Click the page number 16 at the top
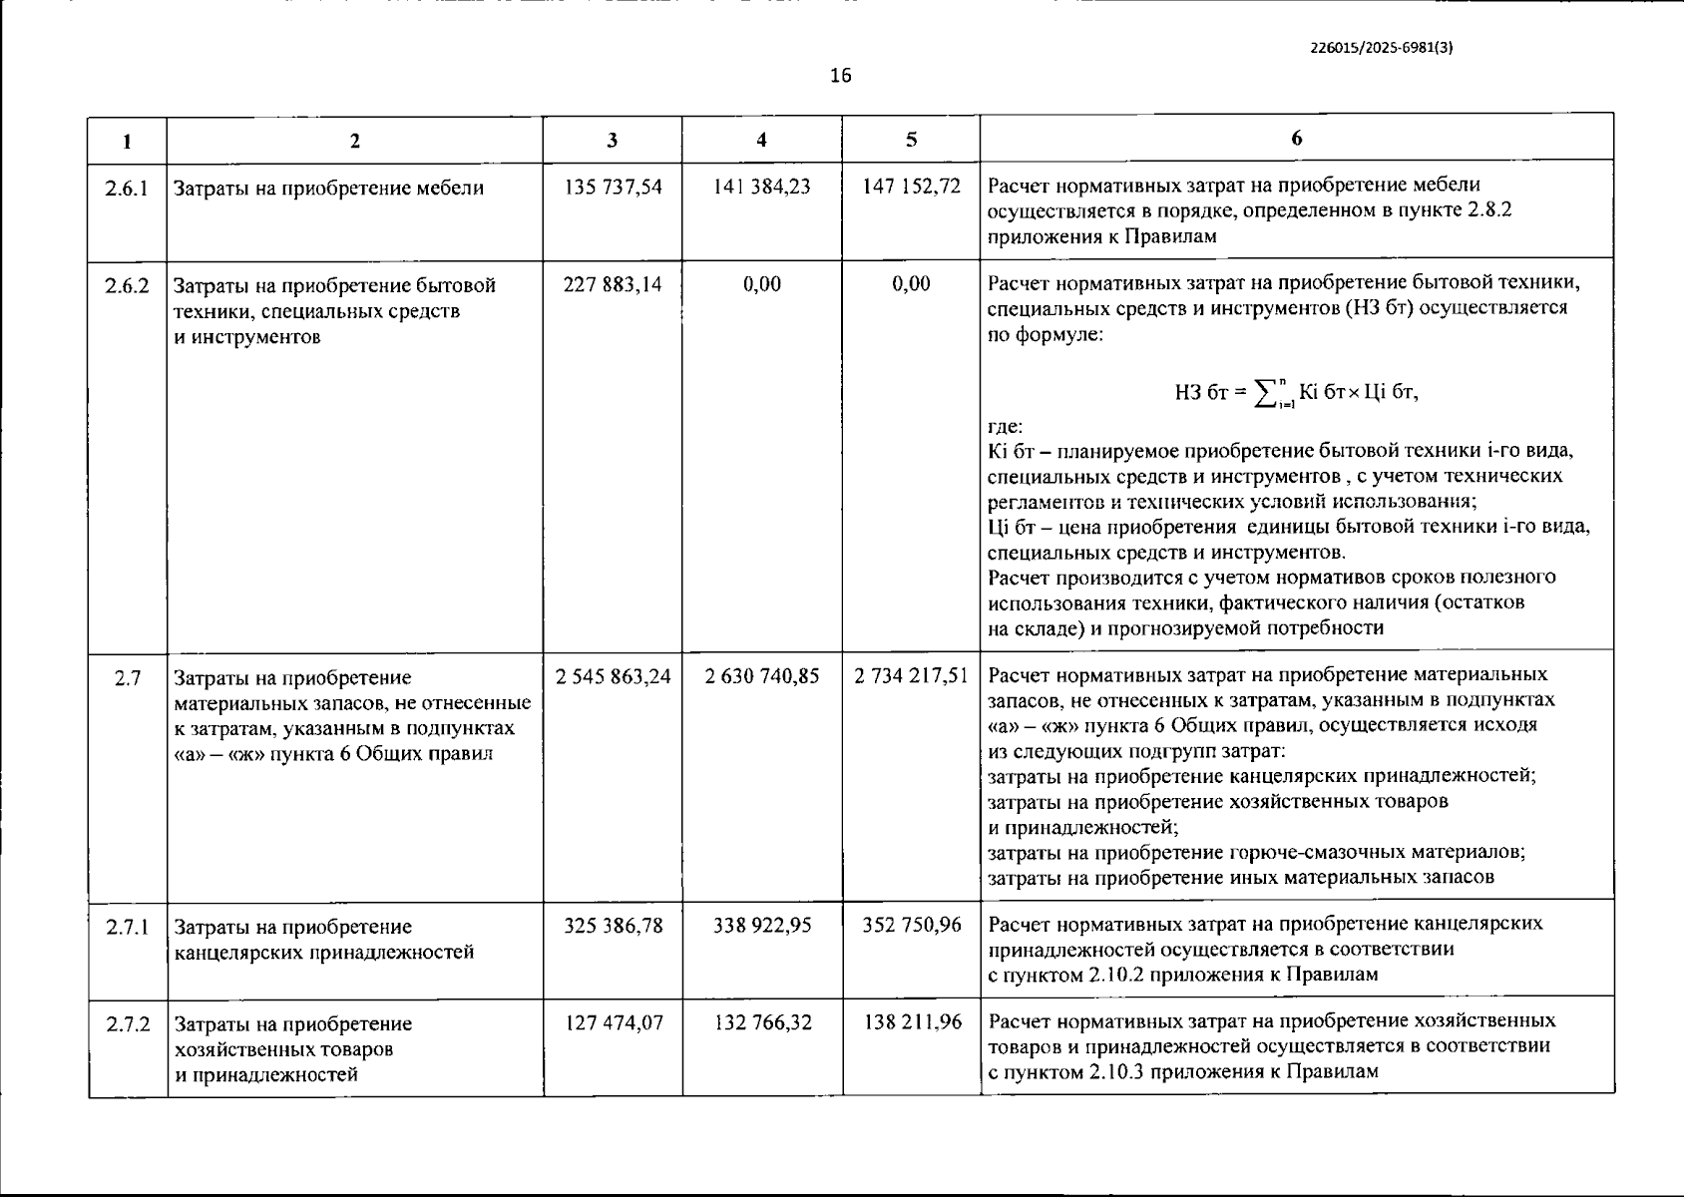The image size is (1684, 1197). coord(840,76)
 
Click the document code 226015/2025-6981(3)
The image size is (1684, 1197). coord(1381,46)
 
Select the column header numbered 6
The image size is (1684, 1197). coord(1296,139)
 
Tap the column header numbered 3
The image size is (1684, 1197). coord(612,141)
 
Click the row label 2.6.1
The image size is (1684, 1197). coord(127,188)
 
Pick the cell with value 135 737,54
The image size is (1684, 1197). coord(613,187)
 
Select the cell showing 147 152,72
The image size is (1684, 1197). coord(911,187)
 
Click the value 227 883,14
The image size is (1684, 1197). coord(613,284)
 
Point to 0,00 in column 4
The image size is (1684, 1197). coord(762,284)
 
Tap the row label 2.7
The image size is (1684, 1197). coord(127,678)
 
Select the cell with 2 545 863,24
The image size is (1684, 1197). coord(613,676)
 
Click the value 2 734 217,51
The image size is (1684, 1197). coord(911,676)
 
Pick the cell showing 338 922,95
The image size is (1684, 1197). coord(762,926)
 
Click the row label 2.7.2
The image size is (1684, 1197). coord(127,1023)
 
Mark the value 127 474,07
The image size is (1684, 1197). coord(613,1022)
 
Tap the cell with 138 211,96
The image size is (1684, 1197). coord(911,1022)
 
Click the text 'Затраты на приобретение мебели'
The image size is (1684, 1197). coord(328,188)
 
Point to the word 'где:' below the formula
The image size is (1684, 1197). coord(1005,426)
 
